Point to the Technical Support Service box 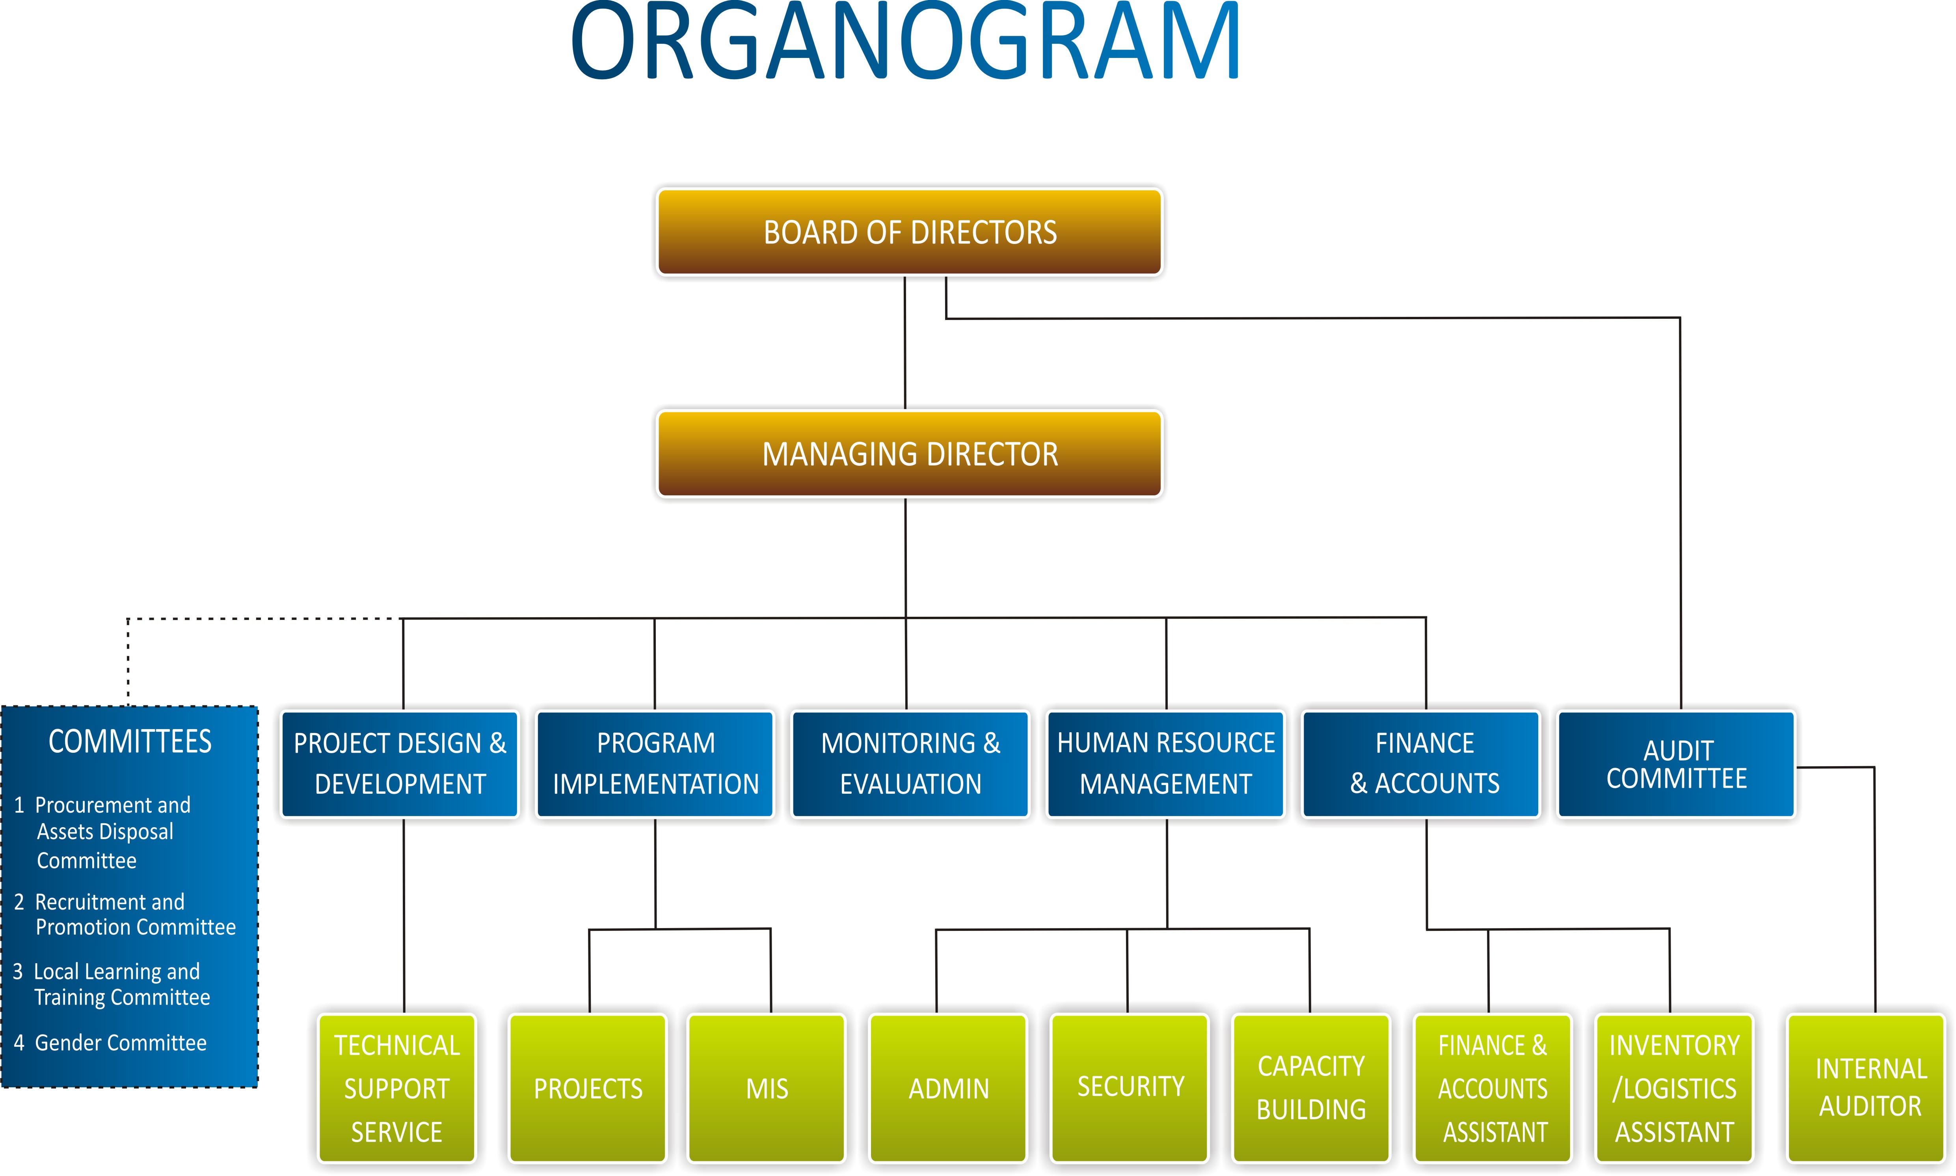click(397, 1088)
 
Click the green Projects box click(588, 1088)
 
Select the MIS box click(767, 1088)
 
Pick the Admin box click(948, 1088)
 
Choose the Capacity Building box click(1311, 1088)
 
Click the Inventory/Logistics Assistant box click(1674, 1088)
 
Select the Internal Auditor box click(1870, 1088)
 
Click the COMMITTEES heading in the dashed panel click(130, 742)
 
